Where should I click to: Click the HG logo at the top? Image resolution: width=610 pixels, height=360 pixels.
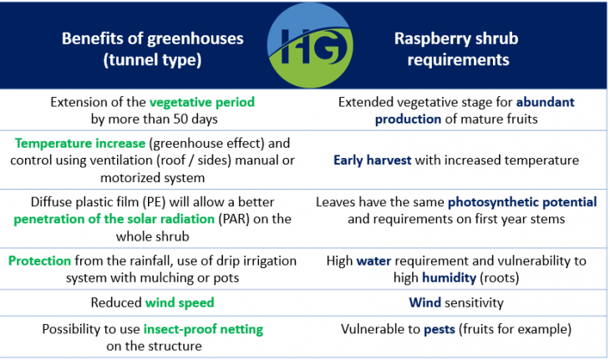point(305,44)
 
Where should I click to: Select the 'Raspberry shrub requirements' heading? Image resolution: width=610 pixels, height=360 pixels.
point(456,49)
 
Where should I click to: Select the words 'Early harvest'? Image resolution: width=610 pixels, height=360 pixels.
point(372,160)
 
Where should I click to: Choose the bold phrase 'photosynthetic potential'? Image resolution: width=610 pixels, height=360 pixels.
point(522,202)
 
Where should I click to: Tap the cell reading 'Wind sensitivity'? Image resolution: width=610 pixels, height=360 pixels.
point(456,302)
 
